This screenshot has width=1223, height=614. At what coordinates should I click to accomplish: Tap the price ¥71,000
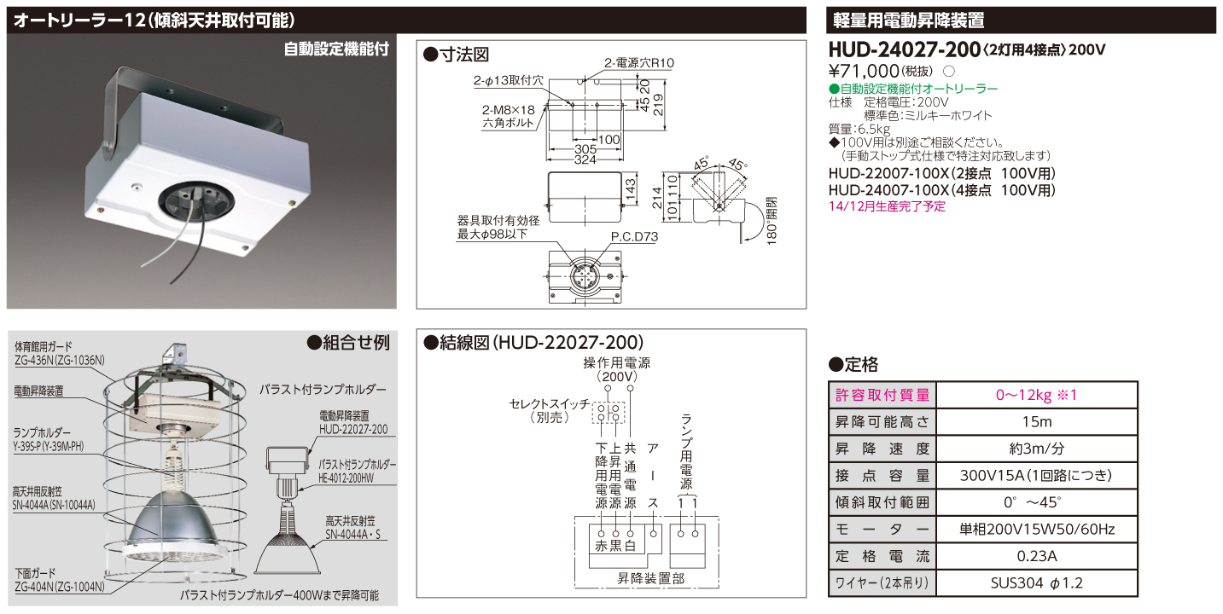865,71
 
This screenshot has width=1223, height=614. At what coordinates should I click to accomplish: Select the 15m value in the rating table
1036,421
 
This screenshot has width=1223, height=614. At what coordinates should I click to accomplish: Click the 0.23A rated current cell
1036,557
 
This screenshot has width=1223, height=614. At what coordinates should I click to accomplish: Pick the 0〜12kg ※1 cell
1036,395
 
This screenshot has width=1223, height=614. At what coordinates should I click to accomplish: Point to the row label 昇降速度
882,449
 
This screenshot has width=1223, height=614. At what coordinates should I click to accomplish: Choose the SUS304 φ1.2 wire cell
1036,584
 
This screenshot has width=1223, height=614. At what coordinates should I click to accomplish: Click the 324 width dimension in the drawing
584,159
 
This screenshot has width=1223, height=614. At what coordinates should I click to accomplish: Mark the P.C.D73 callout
634,238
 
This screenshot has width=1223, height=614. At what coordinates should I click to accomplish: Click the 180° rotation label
772,223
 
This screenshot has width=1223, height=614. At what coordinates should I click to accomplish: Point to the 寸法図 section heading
457,55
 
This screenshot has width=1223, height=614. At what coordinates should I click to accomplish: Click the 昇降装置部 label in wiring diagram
650,577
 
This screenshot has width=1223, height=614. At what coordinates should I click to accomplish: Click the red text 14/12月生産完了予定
887,206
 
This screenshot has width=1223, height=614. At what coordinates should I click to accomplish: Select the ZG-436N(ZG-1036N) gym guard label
59,361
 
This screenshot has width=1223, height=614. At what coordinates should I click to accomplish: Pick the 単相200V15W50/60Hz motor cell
1036,530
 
